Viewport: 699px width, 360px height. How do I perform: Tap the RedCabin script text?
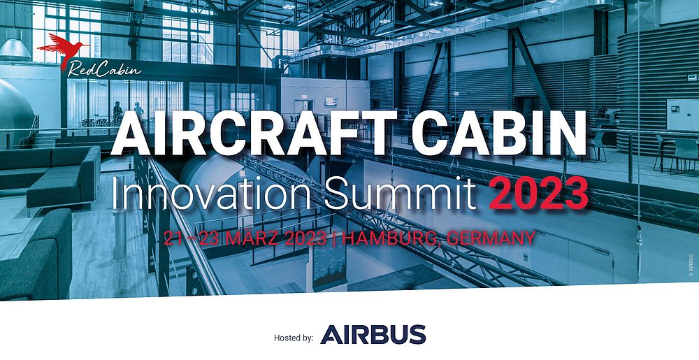pyautogui.click(x=104, y=70)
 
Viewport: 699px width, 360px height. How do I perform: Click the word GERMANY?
pyautogui.click(x=491, y=238)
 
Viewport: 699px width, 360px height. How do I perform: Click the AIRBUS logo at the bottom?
pyautogui.click(x=373, y=334)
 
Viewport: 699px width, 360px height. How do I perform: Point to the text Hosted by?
pyautogui.click(x=294, y=338)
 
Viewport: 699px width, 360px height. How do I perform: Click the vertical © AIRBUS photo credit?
pyautogui.click(x=691, y=266)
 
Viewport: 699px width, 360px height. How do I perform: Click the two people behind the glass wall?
pyautogui.click(x=128, y=113)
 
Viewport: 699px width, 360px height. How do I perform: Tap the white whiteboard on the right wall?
pyautogui.click(x=682, y=115)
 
